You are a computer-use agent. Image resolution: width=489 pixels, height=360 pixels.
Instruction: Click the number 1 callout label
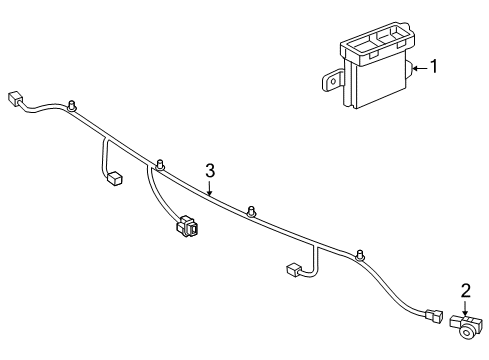point(433,68)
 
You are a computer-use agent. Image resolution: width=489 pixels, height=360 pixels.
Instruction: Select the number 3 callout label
point(210,171)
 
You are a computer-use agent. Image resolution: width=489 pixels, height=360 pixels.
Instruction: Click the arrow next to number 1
point(418,68)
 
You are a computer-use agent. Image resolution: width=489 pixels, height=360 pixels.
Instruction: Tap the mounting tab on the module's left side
point(331,78)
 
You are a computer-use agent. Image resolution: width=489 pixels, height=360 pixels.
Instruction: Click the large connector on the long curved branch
point(187,228)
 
